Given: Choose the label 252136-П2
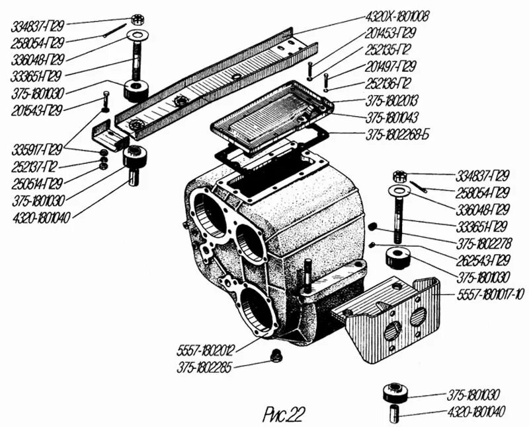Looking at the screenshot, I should click(389, 84).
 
